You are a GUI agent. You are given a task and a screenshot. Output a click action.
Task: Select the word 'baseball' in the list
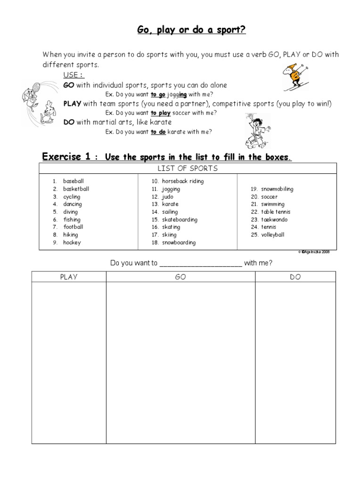74,181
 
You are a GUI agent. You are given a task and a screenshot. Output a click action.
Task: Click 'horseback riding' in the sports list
183,181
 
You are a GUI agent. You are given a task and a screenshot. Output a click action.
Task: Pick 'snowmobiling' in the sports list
277,189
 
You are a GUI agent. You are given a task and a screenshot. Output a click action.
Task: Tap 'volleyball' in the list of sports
273,234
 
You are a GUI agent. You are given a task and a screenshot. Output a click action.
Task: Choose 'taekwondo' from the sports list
274,219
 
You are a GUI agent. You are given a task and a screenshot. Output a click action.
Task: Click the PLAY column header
69,277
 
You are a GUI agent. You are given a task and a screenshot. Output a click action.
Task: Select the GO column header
181,277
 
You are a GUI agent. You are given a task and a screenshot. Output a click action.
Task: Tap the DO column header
296,277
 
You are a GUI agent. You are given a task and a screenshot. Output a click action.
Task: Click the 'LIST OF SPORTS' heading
188,169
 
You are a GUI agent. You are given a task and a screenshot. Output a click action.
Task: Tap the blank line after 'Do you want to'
201,263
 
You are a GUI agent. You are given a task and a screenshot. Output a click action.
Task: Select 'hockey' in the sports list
72,242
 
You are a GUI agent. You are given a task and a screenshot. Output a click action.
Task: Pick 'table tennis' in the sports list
276,212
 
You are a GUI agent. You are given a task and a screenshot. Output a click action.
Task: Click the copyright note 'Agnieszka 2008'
314,252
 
